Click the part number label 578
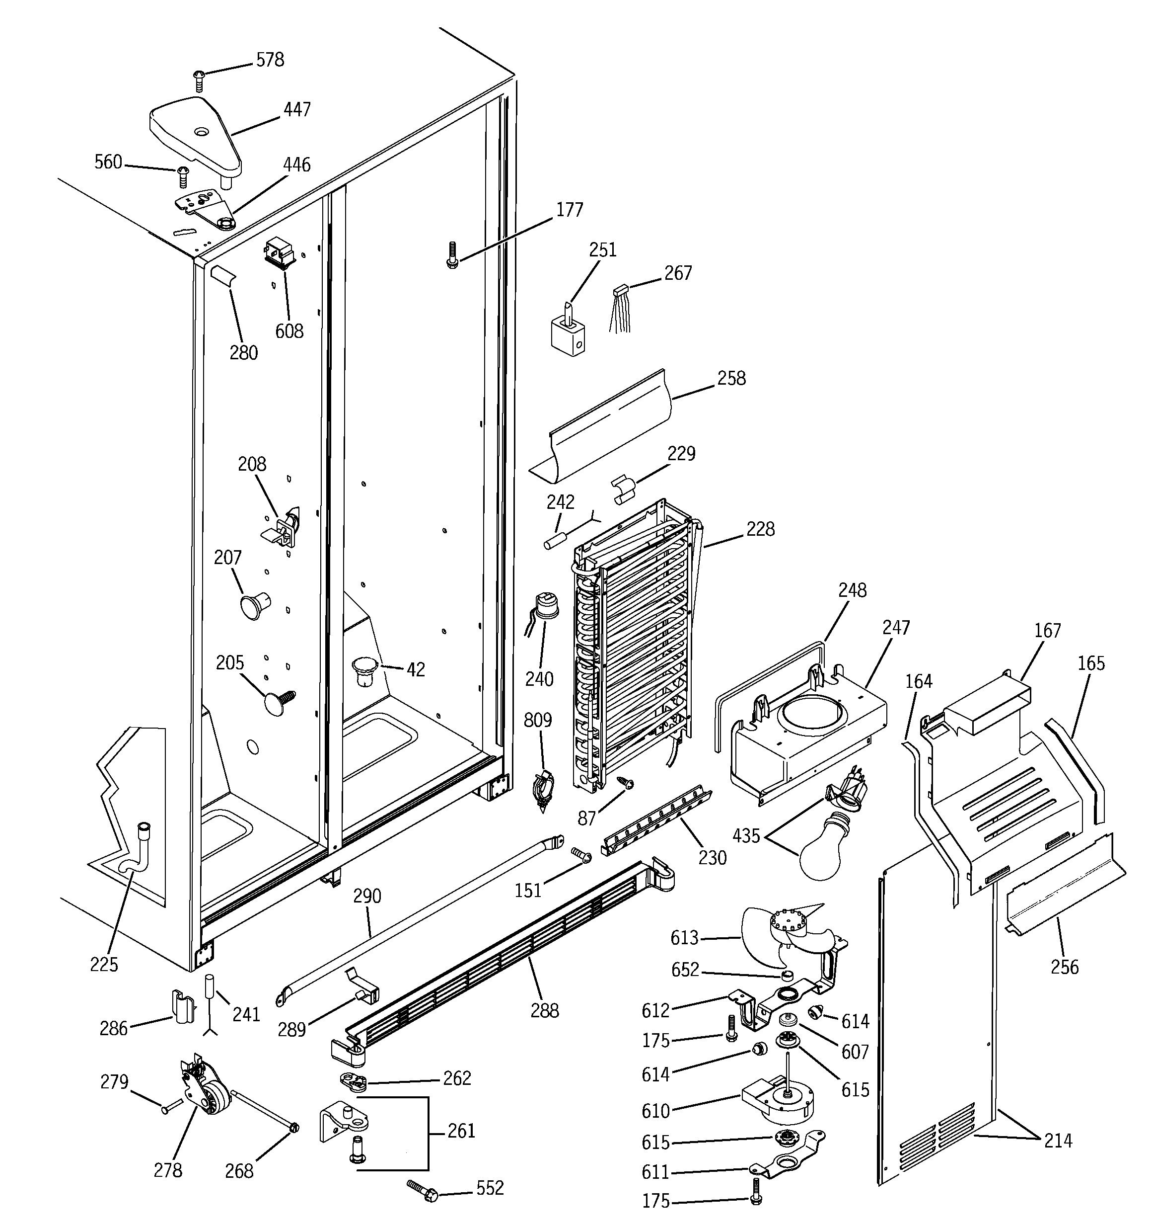coord(270,60)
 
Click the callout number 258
coord(731,378)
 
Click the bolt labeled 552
coord(423,1190)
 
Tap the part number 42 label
coord(416,669)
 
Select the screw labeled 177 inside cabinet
coord(452,255)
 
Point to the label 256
coord(1064,967)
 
